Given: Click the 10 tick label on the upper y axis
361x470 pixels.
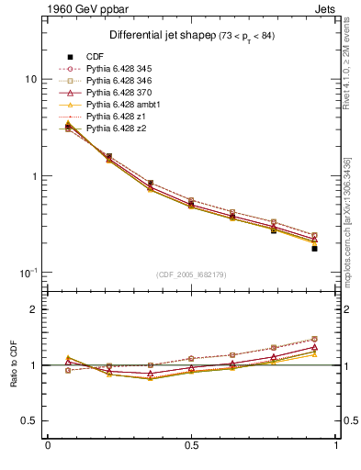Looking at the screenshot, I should pyautogui.click(x=30, y=79).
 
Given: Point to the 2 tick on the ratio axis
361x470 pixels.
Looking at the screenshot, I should pyautogui.click(x=34, y=310).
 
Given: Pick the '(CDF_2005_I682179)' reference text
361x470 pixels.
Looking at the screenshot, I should pyautogui.click(x=192, y=274).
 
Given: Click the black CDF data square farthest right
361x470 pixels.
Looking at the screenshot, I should pyautogui.click(x=314, y=249).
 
